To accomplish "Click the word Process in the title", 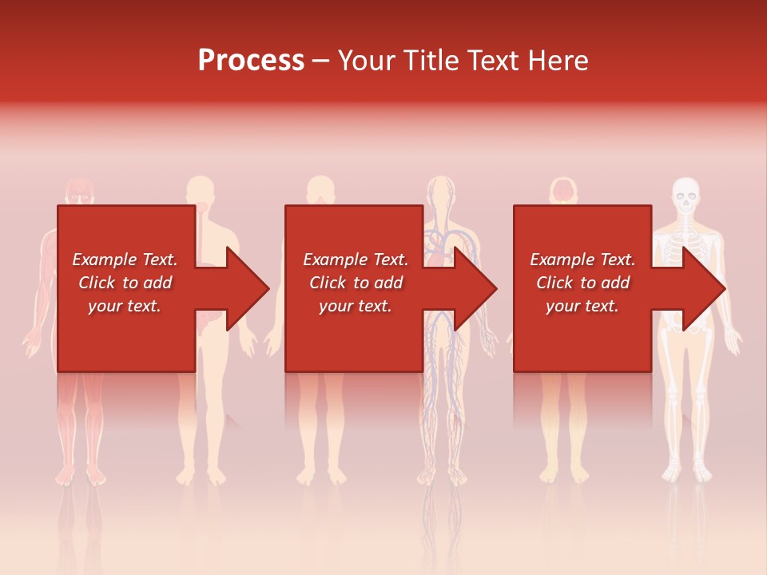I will pos(251,61).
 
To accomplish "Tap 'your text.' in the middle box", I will pos(355,306).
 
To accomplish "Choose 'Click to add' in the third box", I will pos(582,283).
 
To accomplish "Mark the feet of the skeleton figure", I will pos(686,471).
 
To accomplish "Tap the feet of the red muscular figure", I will pos(80,475).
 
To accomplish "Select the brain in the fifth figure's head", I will pos(565,191).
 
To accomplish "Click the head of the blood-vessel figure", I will pos(440,192).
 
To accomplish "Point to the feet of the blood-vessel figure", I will pos(440,476).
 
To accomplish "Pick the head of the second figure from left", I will pos(200,192).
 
